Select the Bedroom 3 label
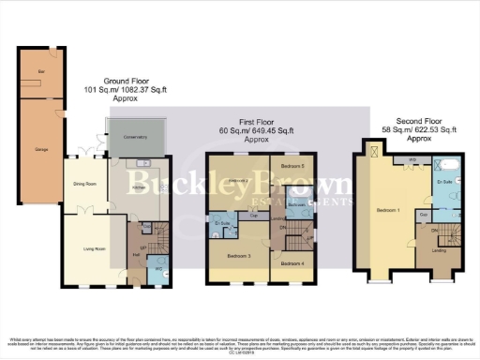tap(241, 254)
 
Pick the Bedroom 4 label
tap(293, 264)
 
